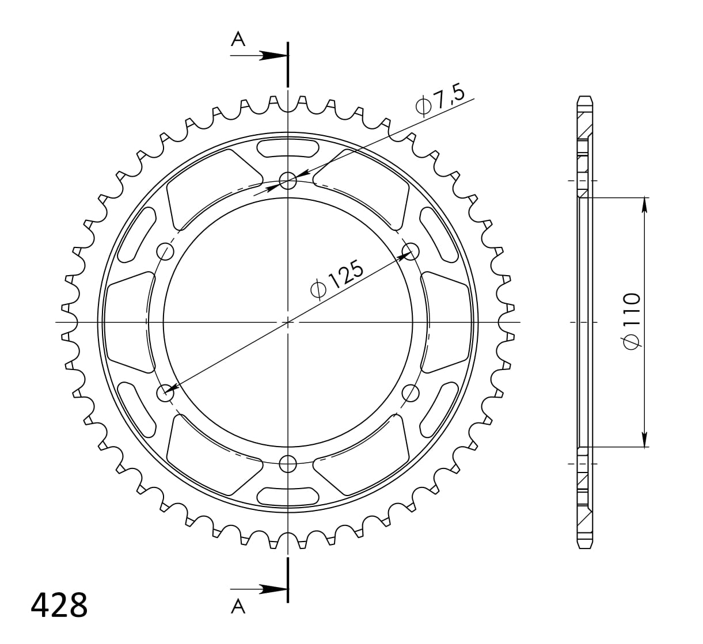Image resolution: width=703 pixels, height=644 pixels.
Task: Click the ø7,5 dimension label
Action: pos(440,102)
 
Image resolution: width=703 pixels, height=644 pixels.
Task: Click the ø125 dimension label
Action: pos(337,280)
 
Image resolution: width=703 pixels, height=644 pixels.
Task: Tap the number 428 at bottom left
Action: pos(59,605)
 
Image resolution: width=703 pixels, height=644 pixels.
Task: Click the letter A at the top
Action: pos(238,39)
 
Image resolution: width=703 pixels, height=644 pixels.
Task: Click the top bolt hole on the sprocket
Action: pos(288,181)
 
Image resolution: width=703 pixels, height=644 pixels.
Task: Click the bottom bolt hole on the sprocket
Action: pos(288,464)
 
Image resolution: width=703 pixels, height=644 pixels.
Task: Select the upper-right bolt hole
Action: pos(411,251)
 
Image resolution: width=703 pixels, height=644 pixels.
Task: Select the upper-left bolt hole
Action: pos(165,251)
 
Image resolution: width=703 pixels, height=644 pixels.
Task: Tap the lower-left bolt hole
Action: pos(165,393)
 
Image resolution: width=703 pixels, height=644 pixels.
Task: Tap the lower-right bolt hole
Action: pos(411,393)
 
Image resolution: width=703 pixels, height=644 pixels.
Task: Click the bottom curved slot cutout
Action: pos(288,496)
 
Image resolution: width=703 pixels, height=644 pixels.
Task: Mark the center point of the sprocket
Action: pos(288,322)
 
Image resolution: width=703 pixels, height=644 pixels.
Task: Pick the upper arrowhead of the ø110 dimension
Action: pos(644,205)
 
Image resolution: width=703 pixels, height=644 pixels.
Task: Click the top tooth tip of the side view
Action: pos(584,97)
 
